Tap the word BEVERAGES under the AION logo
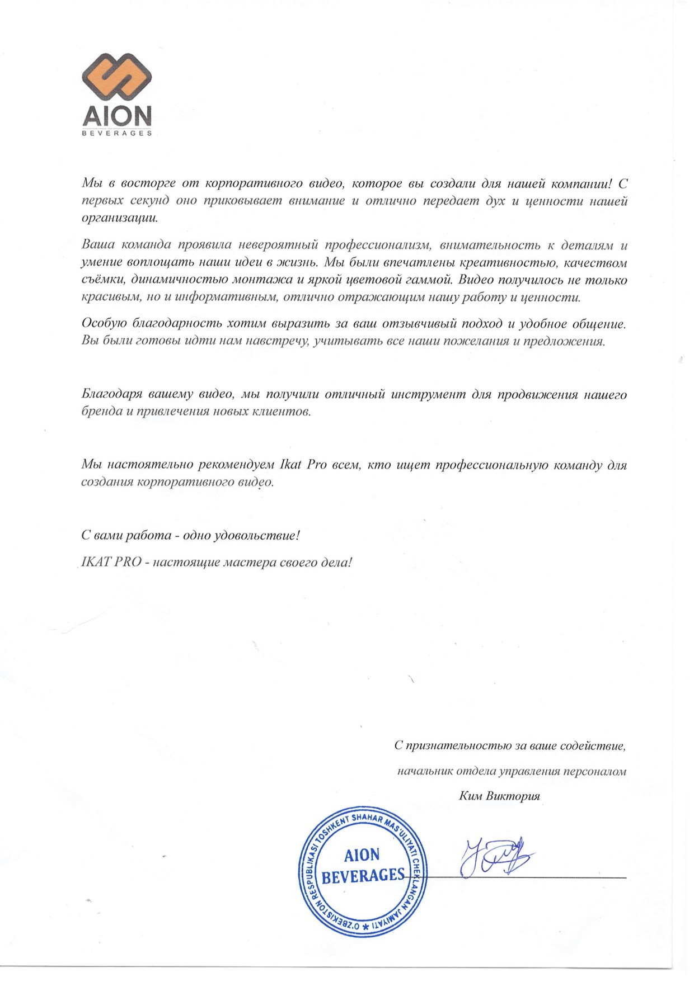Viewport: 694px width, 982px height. (117, 134)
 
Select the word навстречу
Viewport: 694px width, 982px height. (276, 341)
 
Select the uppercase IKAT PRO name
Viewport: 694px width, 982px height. (111, 562)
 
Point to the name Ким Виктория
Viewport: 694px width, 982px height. (499, 796)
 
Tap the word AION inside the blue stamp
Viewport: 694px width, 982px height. (362, 855)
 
